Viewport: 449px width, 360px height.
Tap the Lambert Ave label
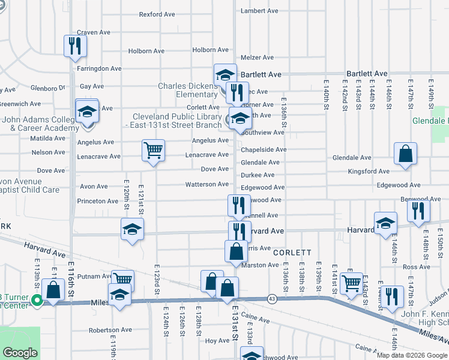click(x=259, y=11)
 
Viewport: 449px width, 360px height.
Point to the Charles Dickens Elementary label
click(x=188, y=90)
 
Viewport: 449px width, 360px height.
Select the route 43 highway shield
click(x=272, y=299)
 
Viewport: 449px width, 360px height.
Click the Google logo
click(x=20, y=353)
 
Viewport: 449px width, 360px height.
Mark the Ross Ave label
click(x=417, y=267)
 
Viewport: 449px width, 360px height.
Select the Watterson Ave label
click(x=206, y=184)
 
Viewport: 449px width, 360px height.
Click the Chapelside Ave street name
click(x=264, y=149)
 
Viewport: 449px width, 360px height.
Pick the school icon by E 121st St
click(x=132, y=229)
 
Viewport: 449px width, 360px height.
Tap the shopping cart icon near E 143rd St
click(x=351, y=283)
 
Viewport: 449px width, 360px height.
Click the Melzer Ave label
click(x=257, y=58)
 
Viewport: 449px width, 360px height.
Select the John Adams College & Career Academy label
click(x=40, y=123)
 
